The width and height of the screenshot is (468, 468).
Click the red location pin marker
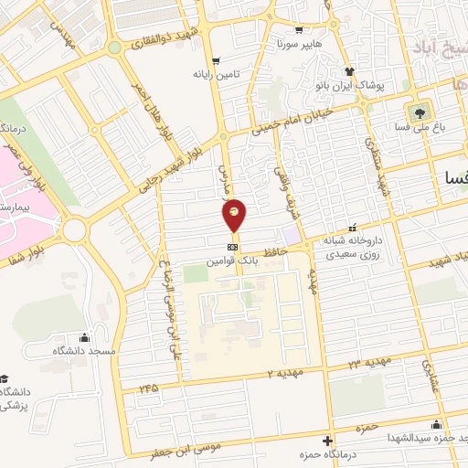[235, 216]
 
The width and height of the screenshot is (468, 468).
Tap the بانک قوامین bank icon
[233, 246]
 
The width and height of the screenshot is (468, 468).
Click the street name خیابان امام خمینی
[310, 122]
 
